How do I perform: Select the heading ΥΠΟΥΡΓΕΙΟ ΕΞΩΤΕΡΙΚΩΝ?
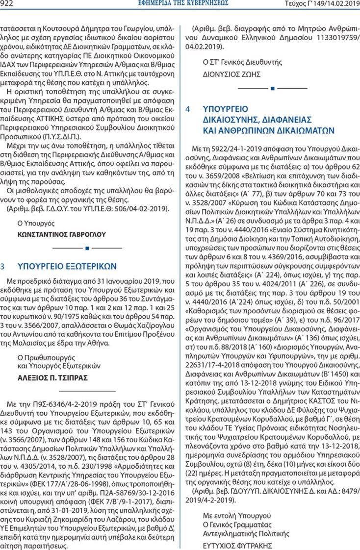click(x=67, y=266)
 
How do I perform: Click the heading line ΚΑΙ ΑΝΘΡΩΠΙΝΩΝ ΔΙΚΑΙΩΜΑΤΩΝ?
click(x=269, y=130)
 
